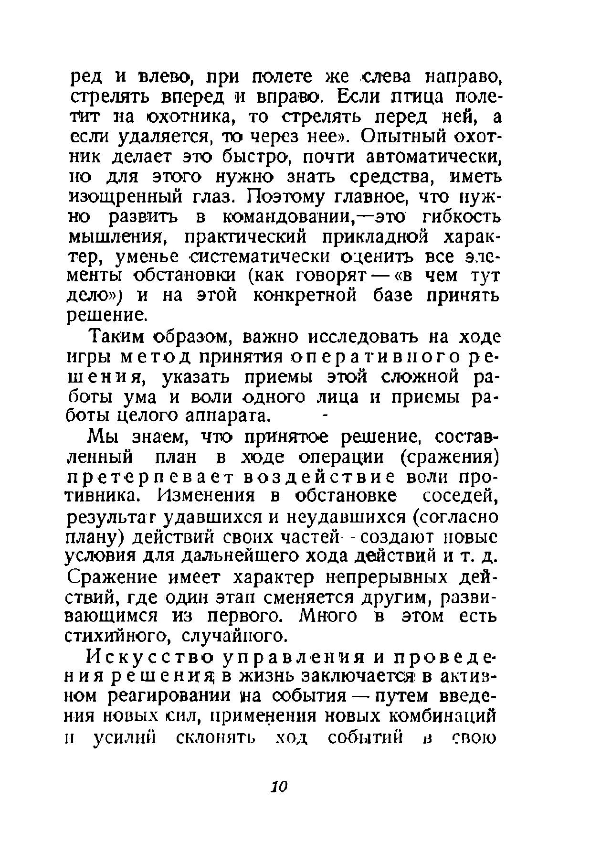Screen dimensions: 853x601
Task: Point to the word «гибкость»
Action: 462,217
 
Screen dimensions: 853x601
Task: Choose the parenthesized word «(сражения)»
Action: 449,458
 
